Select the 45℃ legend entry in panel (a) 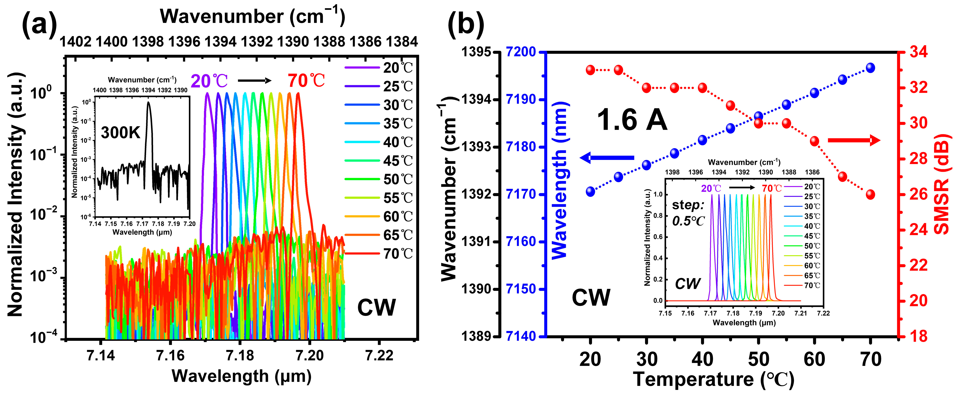(379, 161)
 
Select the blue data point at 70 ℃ (870, 68)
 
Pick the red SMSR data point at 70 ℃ (870, 194)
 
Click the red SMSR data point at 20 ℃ (590, 70)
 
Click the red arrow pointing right (854, 140)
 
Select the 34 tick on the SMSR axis (918, 52)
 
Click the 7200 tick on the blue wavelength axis (521, 52)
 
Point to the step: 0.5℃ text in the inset (688, 213)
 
